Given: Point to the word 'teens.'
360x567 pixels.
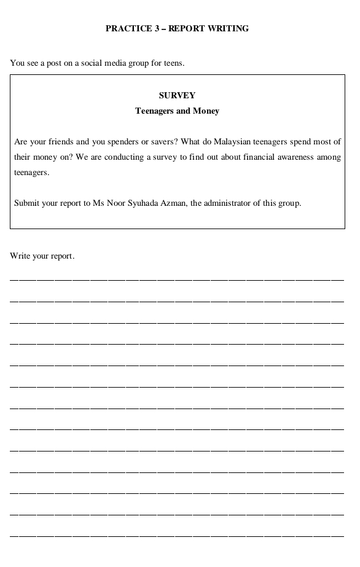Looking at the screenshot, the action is pyautogui.click(x=174, y=63).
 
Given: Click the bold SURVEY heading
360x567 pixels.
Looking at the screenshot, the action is pyautogui.click(x=177, y=95).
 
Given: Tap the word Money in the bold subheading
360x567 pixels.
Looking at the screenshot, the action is pyautogui.click(x=206, y=111).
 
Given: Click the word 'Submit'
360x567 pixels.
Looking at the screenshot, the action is pyautogui.click(x=26, y=203).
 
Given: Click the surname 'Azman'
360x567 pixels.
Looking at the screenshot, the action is pyautogui.click(x=177, y=203).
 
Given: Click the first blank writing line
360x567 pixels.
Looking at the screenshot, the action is pyautogui.click(x=177, y=279).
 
